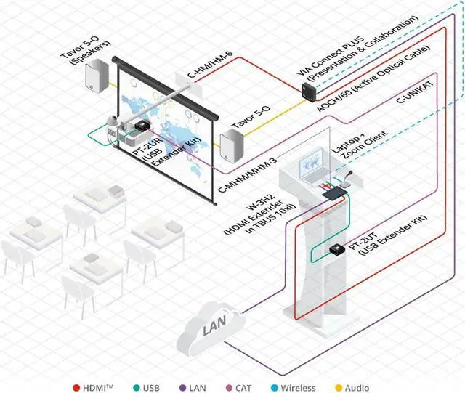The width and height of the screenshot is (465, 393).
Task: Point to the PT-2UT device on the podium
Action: (337, 249)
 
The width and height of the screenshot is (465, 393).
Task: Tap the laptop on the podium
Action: (313, 165)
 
